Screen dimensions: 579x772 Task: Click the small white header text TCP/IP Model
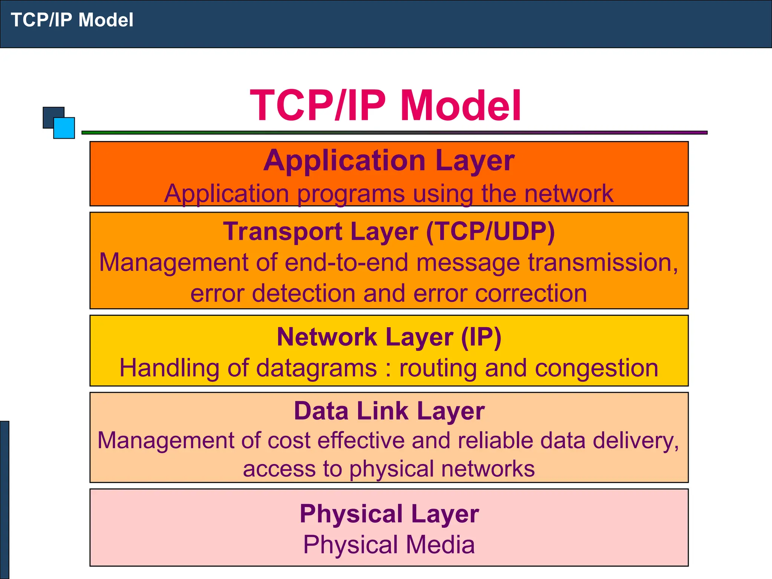72,20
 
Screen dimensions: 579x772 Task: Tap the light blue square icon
64,128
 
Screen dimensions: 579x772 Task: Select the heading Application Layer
389,161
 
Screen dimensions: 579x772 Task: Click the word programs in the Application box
351,194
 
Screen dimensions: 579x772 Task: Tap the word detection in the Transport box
303,293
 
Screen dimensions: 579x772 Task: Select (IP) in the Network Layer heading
481,337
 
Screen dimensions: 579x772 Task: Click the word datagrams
317,368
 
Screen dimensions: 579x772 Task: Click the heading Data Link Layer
389,411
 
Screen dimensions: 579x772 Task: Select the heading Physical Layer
389,514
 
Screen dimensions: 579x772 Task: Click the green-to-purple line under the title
394,133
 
